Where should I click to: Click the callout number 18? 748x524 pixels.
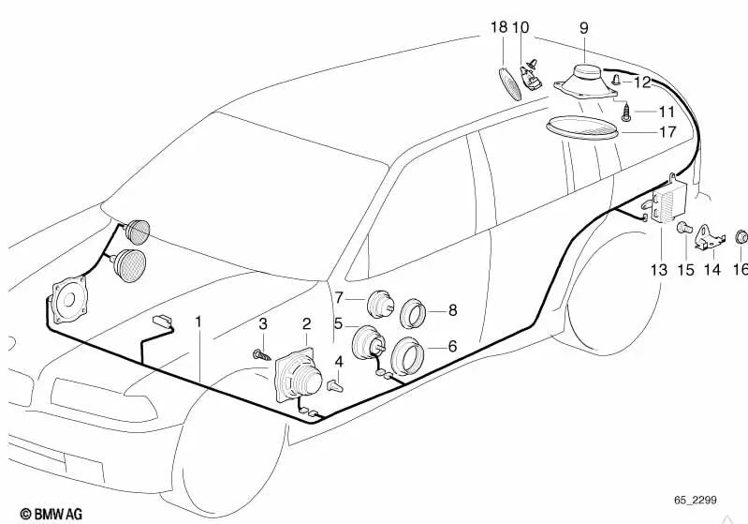(x=498, y=29)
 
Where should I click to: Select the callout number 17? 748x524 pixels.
(x=667, y=132)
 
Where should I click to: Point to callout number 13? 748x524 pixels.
(x=659, y=269)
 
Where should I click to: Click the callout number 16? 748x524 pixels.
(x=740, y=269)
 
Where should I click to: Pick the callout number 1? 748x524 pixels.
(x=198, y=322)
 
